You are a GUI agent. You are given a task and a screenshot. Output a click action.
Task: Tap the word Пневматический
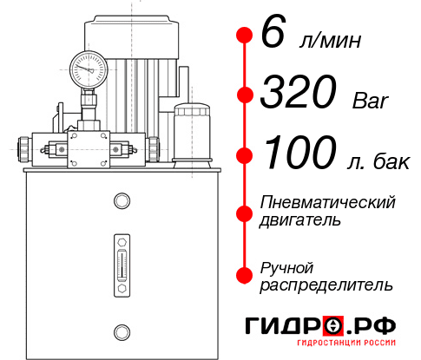pos(327,202)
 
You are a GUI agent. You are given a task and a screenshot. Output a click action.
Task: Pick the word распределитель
pos(326,284)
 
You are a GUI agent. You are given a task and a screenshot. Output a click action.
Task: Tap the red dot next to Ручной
pos(244,274)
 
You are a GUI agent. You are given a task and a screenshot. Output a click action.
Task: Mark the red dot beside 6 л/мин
pos(244,35)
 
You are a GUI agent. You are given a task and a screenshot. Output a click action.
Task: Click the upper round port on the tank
pos(121,201)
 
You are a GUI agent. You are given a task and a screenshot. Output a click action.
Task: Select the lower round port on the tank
pos(121,331)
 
